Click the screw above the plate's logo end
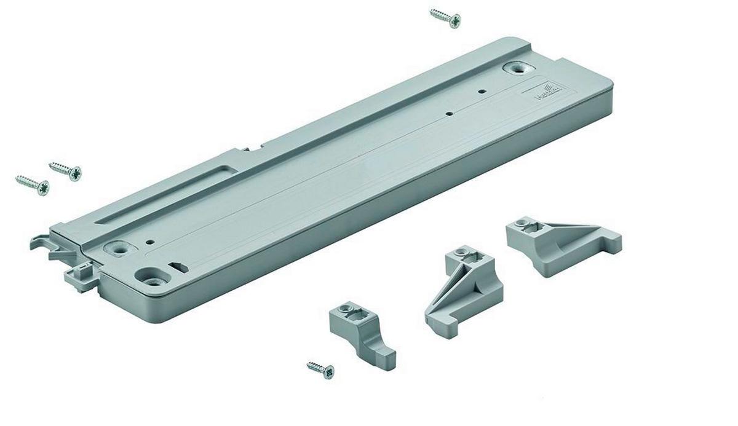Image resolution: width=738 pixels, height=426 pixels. point(445,18)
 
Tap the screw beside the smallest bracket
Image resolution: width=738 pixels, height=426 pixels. point(321,369)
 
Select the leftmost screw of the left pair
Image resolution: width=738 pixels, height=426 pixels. point(32,184)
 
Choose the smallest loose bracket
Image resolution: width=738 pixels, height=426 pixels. point(363,336)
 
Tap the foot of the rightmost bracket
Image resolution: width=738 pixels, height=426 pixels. point(611,242)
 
